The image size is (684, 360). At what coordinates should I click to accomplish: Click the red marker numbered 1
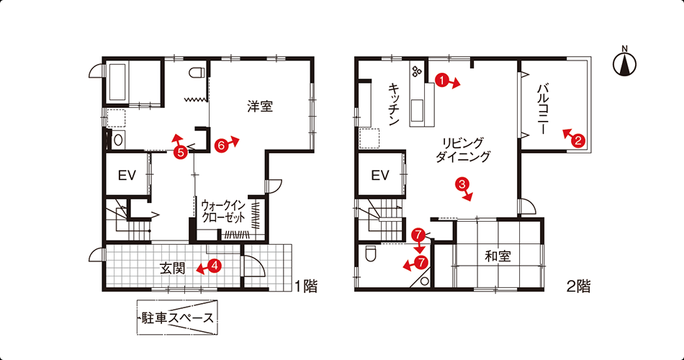coord(442,80)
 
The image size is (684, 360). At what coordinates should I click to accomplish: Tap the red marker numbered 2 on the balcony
coord(578,140)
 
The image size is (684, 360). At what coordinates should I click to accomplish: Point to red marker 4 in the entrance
coord(215,265)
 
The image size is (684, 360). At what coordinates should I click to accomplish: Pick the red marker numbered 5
coord(180,152)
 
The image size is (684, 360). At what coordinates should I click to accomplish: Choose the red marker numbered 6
coord(222,145)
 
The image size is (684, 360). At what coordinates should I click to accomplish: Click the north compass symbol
coord(624,63)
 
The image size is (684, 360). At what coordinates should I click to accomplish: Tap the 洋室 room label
coord(260,106)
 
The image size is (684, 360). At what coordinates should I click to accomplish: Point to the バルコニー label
coord(542,109)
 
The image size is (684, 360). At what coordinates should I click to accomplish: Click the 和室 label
coord(498,256)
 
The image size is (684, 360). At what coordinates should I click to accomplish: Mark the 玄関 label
coord(173,269)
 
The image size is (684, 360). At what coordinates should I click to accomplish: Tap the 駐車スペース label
coord(178,318)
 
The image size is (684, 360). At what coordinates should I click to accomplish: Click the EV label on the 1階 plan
coord(127,176)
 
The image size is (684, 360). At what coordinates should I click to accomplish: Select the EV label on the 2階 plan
coord(380,176)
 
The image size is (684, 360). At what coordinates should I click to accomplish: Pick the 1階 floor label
coord(306,287)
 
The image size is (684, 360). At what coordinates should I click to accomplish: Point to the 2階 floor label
coord(578,287)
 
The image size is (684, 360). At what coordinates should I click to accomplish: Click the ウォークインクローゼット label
coord(223,211)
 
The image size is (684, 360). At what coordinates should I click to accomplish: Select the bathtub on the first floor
coord(119,82)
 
